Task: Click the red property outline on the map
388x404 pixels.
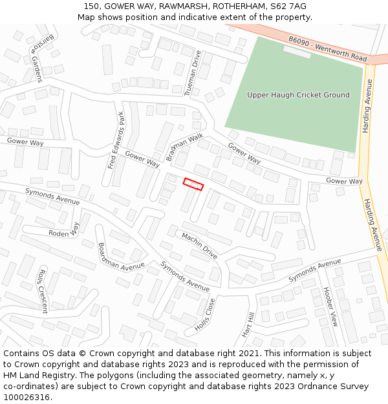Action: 193,184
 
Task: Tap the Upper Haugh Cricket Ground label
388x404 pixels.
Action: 298,95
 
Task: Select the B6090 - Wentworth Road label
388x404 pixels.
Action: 327,49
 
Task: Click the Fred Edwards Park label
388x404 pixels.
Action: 116,140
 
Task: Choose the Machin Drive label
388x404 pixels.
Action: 199,246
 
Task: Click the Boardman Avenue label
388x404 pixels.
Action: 121,257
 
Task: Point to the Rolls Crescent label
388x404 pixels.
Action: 43,291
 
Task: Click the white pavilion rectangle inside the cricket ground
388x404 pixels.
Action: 297,52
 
